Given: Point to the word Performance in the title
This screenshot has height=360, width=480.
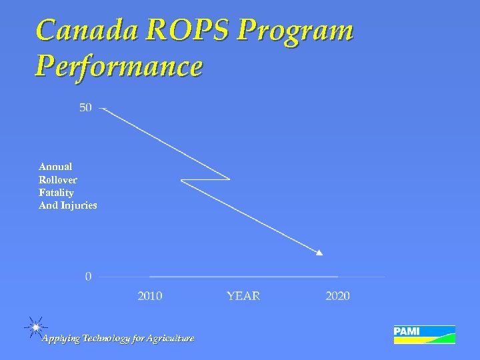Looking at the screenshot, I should click(x=119, y=67).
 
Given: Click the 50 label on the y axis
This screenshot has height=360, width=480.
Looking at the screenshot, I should click(x=86, y=107).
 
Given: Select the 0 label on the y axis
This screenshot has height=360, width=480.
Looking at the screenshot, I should click(x=88, y=276).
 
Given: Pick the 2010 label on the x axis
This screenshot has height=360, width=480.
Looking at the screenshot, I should click(x=149, y=296).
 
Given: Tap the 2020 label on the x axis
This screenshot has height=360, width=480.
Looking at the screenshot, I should click(x=337, y=296).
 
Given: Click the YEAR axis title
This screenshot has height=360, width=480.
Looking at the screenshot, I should click(x=243, y=296).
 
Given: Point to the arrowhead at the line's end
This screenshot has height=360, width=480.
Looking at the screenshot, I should click(x=319, y=252).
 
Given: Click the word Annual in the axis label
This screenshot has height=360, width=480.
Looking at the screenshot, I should click(x=55, y=167).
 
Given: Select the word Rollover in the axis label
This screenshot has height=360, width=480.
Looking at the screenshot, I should click(x=58, y=180).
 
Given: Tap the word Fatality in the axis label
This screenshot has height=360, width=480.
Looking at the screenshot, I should click(x=56, y=193).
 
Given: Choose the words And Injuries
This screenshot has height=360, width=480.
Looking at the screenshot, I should click(x=68, y=205).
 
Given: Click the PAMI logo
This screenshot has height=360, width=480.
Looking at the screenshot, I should click(x=424, y=334).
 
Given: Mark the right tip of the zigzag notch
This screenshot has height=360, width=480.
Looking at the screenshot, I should click(x=229, y=179).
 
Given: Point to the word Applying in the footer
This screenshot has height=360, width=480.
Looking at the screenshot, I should click(x=61, y=339).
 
